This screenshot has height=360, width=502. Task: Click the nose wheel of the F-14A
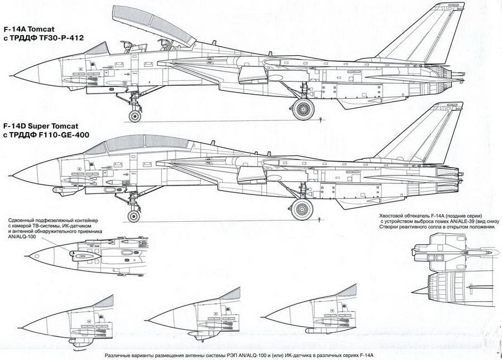pyautogui.click(x=135, y=116)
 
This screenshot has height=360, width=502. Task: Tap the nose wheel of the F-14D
pyautogui.click(x=134, y=216)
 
